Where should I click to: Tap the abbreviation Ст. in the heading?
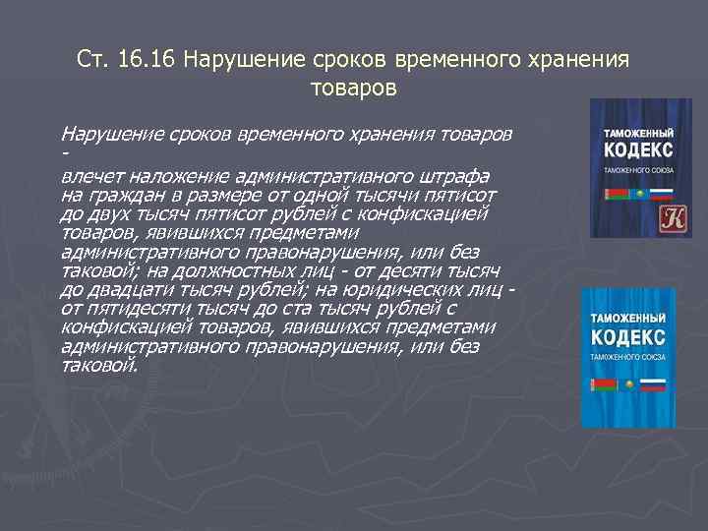click(x=93, y=59)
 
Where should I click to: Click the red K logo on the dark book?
click(x=646, y=216)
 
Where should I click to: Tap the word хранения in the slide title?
click(x=583, y=59)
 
